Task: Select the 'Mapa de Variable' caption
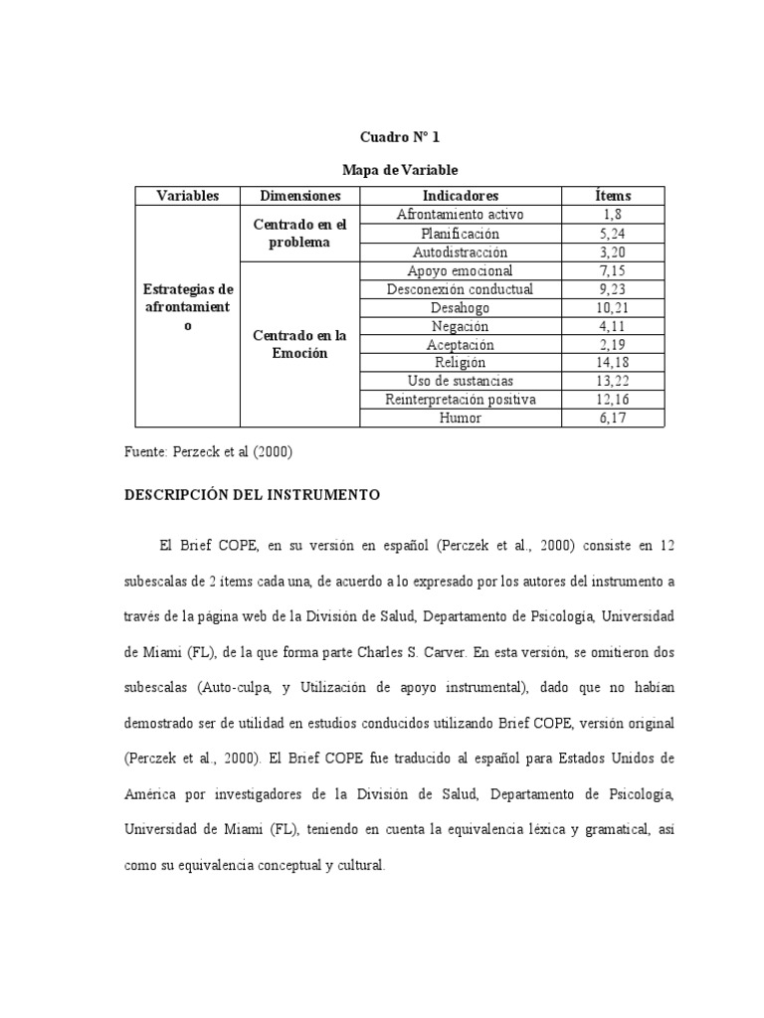pyautogui.click(x=399, y=170)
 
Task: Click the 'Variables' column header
pyautogui.click(x=187, y=196)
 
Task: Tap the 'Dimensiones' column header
pyautogui.click(x=299, y=196)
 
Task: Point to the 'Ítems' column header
pyautogui.click(x=611, y=196)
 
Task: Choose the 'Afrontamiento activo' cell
pyautogui.click(x=460, y=215)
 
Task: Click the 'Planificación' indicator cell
pyautogui.click(x=460, y=234)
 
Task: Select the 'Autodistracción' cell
pyautogui.click(x=460, y=252)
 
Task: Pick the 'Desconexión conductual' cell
pyautogui.click(x=460, y=289)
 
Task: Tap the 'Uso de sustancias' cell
pyautogui.click(x=460, y=382)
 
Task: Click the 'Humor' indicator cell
pyautogui.click(x=460, y=419)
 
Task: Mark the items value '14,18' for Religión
pyautogui.click(x=611, y=363)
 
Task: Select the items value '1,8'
pyautogui.click(x=611, y=215)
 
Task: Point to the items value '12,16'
pyautogui.click(x=611, y=400)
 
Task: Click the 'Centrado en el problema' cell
pyautogui.click(x=299, y=233)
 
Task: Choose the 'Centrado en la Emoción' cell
pyautogui.click(x=299, y=345)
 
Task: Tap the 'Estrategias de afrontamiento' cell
pyautogui.click(x=187, y=307)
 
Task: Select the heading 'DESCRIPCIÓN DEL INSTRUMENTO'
pyautogui.click(x=251, y=494)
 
